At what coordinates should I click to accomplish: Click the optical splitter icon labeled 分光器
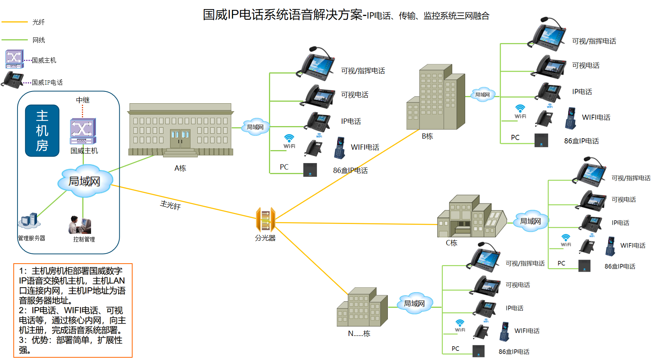[x=266, y=219]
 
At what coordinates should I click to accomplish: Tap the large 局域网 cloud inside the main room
[x=85, y=181]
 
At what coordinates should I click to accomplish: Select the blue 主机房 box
[x=42, y=131]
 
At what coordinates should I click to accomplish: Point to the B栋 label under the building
[x=427, y=136]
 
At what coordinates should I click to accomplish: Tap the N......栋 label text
[x=359, y=334]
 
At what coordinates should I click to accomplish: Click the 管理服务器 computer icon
[x=30, y=221]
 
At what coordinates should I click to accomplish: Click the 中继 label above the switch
[x=83, y=100]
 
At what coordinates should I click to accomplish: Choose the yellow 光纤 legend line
[x=14, y=22]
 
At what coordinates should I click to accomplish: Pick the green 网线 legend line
[x=14, y=40]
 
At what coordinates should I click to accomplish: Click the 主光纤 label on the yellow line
[x=170, y=205]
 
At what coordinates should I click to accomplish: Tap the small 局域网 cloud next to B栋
[x=483, y=94]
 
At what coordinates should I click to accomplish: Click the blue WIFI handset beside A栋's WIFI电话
[x=339, y=148]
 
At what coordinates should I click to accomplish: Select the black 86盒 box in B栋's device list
[x=541, y=140]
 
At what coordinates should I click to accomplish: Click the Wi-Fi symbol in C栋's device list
[x=566, y=240]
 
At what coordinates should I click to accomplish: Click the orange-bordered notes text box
[x=73, y=310]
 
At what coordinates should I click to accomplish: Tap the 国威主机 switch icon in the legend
[x=14, y=59]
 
